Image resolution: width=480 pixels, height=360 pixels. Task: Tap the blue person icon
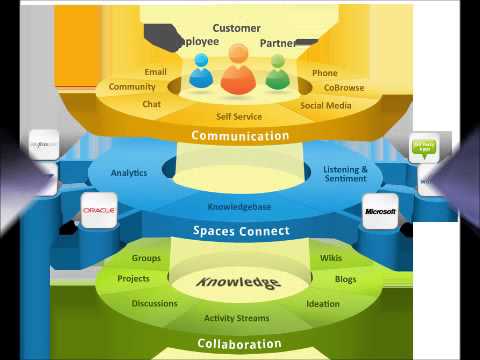[x=201, y=72]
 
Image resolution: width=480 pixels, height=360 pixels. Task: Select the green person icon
[x=277, y=72]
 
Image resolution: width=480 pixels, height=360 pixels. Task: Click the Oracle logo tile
[x=100, y=211]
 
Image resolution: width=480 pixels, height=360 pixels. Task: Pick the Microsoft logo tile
[x=381, y=212]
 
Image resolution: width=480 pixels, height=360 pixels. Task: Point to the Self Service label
[x=239, y=117]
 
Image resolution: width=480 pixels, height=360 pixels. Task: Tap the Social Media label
[x=325, y=104]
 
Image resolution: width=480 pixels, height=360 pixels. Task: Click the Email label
[x=155, y=72]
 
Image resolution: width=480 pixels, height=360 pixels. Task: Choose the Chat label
[x=152, y=104]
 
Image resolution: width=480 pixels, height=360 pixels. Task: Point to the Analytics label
[x=129, y=173]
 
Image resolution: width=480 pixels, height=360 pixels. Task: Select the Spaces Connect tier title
[x=240, y=231]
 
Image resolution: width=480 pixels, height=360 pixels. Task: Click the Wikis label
[x=330, y=258]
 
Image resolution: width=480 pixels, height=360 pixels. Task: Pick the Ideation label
[x=323, y=303]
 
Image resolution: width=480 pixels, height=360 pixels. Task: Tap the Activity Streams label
[x=238, y=319]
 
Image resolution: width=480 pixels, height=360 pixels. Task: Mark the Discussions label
[x=155, y=303]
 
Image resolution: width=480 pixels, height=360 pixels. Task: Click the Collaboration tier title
[x=239, y=344]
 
